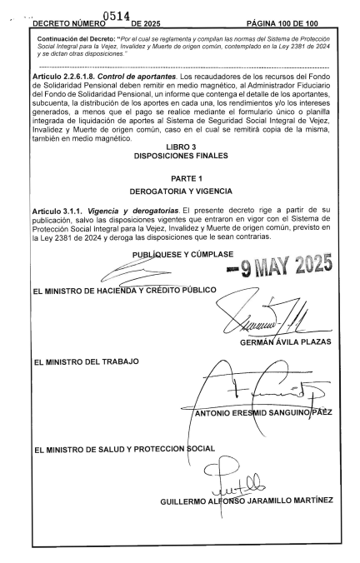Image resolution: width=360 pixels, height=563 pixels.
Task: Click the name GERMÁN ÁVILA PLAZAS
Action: coord(286,341)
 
